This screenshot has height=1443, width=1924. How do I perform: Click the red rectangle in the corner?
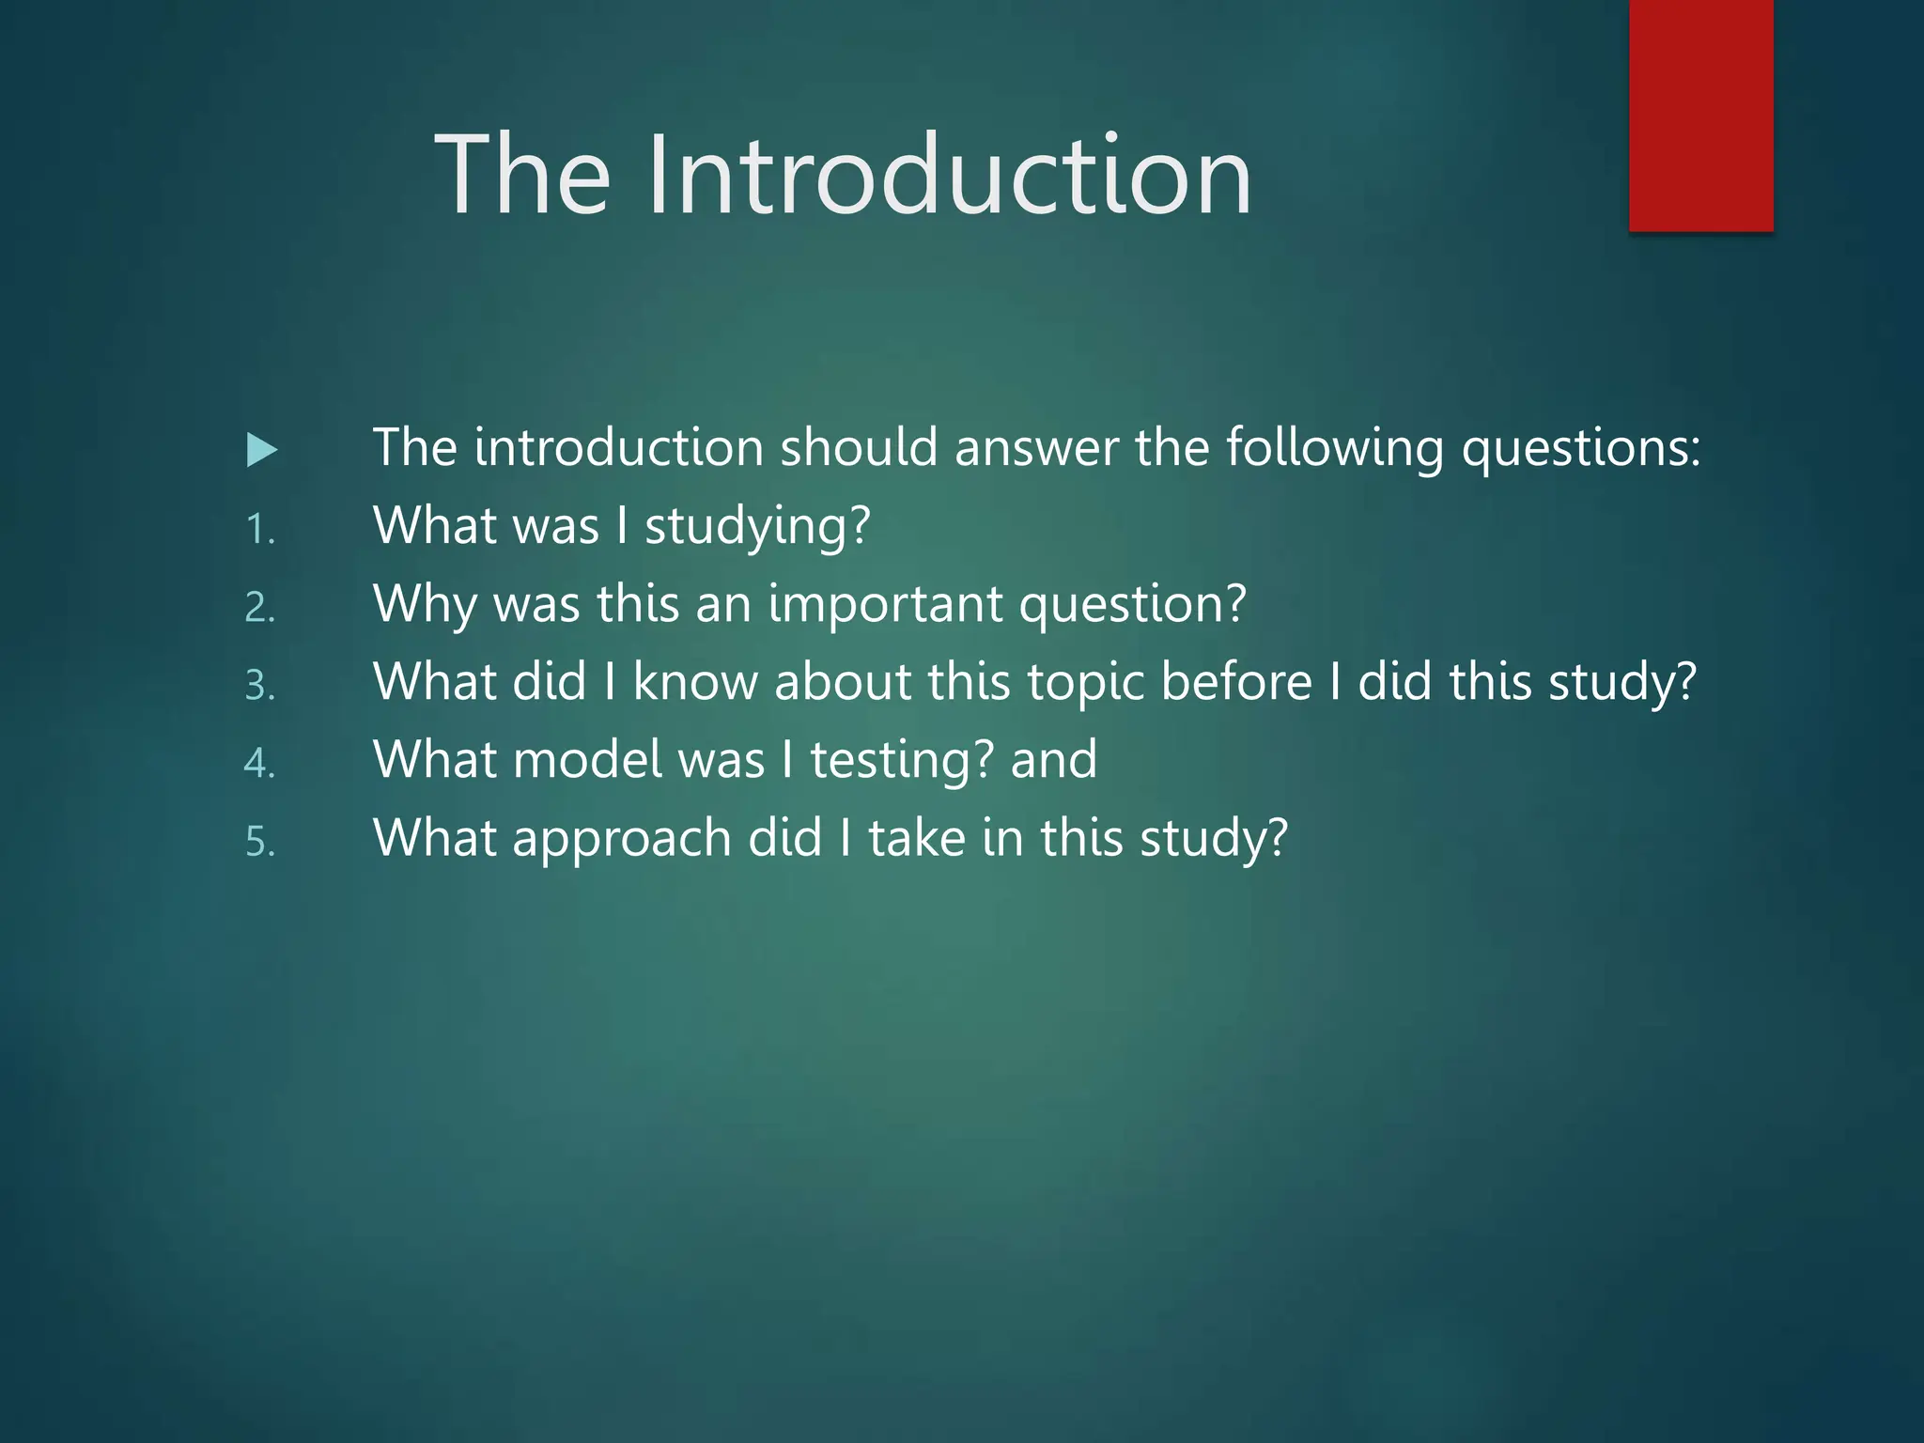click(x=1700, y=115)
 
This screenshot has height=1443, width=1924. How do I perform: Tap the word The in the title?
click(x=522, y=176)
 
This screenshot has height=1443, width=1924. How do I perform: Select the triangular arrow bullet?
click(x=261, y=450)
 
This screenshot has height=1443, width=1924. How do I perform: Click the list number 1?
click(x=258, y=530)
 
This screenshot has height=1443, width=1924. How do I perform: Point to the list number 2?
click(x=259, y=608)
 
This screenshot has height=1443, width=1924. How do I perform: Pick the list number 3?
click(x=259, y=686)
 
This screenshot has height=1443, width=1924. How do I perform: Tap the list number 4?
click(x=259, y=764)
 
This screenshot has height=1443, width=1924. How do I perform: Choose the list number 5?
click(x=259, y=842)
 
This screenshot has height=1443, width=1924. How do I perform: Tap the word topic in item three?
click(x=1085, y=684)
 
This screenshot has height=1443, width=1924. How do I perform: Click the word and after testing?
click(x=1053, y=760)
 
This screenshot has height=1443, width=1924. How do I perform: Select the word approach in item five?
click(x=621, y=840)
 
